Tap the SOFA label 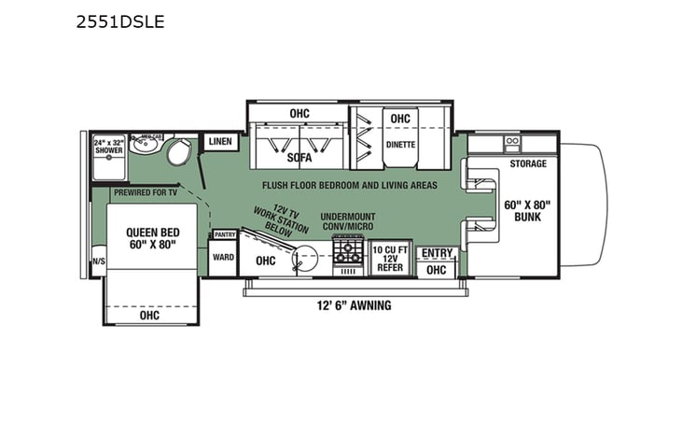[x=299, y=157]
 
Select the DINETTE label [x=400, y=145]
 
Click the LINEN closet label [x=220, y=141]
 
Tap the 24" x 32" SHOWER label [x=108, y=147]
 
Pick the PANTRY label [x=224, y=235]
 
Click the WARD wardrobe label [x=223, y=257]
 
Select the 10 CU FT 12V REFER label [x=389, y=259]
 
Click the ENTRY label [x=436, y=252]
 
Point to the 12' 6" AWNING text [x=352, y=305]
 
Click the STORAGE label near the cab [x=527, y=164]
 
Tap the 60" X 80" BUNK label [x=528, y=210]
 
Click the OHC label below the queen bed [x=149, y=316]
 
